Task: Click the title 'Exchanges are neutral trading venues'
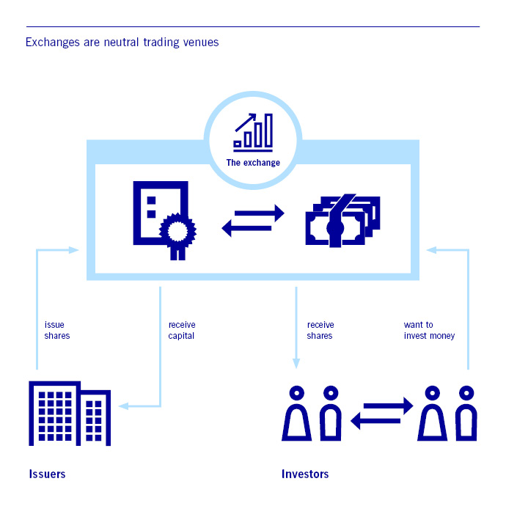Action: point(122,42)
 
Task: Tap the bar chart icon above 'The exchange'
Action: point(253,131)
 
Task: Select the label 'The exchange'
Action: point(253,162)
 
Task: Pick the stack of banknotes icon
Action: point(342,219)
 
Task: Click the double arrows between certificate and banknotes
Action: point(253,221)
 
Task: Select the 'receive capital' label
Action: point(182,330)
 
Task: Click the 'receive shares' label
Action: point(320,330)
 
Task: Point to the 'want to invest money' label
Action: point(429,330)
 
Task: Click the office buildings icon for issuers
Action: point(69,414)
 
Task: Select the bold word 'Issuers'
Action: point(47,474)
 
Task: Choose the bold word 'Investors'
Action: point(305,474)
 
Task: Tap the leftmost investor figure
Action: point(296,414)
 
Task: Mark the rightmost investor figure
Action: point(466,414)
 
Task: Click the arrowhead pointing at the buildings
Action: point(123,405)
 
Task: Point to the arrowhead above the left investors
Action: point(296,363)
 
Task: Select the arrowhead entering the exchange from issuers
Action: point(73,250)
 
